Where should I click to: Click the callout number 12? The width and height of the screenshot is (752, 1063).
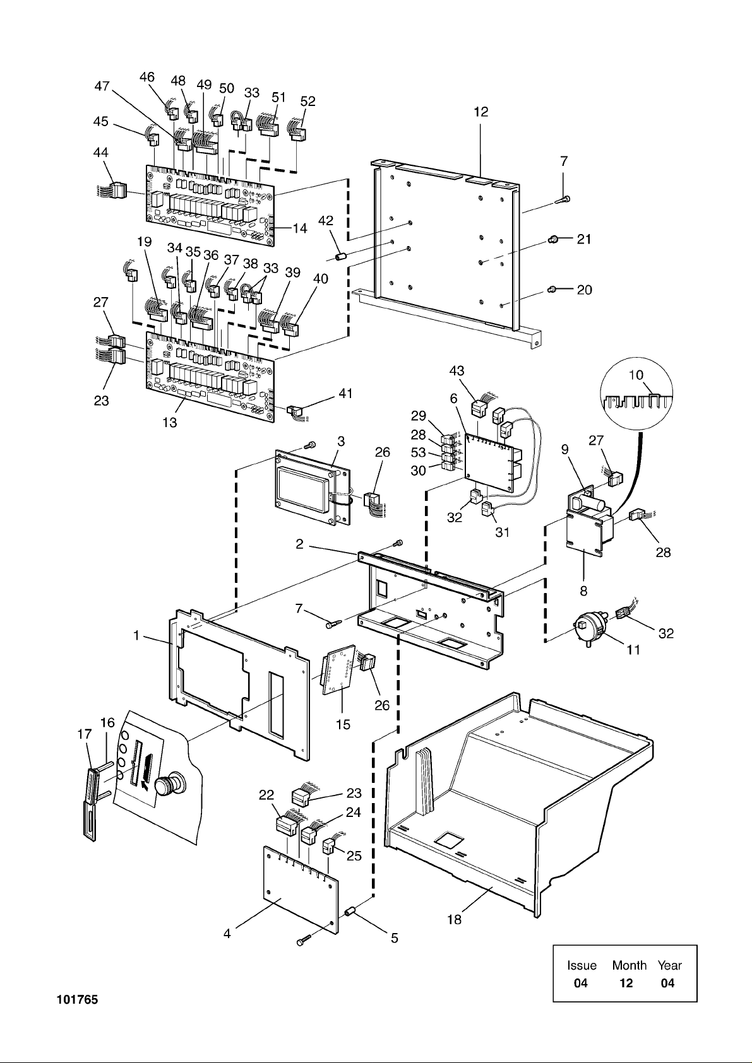click(481, 112)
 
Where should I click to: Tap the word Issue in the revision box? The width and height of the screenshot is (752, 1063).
click(582, 965)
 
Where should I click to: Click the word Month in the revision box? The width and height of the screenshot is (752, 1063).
click(629, 965)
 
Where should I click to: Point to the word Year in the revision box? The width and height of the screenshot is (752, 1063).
click(669, 965)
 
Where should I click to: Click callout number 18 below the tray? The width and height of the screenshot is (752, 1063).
click(455, 919)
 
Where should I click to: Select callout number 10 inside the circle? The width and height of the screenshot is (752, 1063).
click(636, 375)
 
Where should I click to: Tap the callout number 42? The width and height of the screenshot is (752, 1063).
click(325, 221)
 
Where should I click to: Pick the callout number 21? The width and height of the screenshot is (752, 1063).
click(584, 239)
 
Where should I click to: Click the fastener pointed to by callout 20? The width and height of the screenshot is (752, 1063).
click(551, 290)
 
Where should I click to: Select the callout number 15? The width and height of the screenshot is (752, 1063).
click(343, 724)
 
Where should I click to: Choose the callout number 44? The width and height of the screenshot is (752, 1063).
click(101, 153)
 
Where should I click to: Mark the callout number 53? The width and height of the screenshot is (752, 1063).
click(418, 453)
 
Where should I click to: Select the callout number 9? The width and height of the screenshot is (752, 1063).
click(565, 449)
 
